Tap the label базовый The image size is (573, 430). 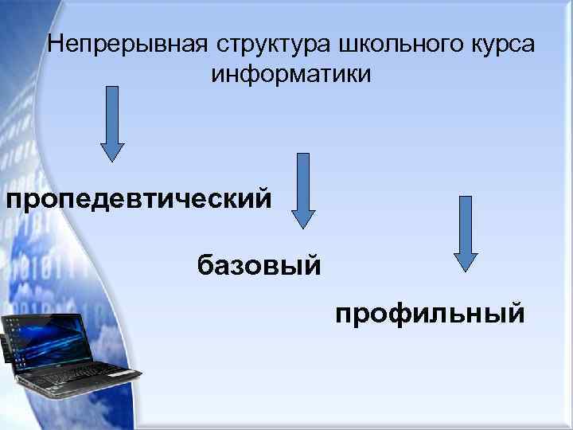pos(259,263)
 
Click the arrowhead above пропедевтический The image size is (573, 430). pos(112,152)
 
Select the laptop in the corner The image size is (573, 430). pos(68,354)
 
